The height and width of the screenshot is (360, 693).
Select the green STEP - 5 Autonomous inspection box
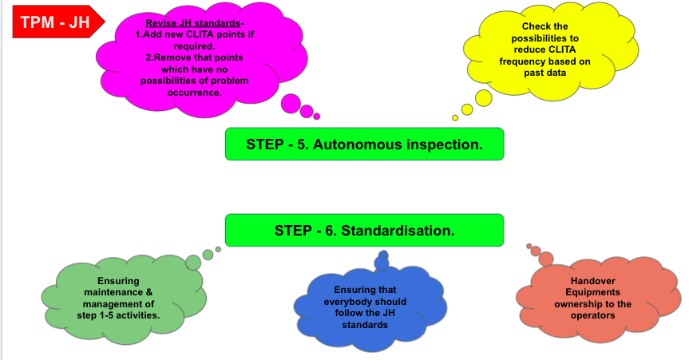(364, 144)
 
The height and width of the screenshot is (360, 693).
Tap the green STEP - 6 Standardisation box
(364, 230)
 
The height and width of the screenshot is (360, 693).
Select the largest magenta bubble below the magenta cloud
(291, 104)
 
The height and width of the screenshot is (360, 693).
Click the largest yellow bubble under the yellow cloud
(484, 97)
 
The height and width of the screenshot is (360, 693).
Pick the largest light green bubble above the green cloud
(193, 261)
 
